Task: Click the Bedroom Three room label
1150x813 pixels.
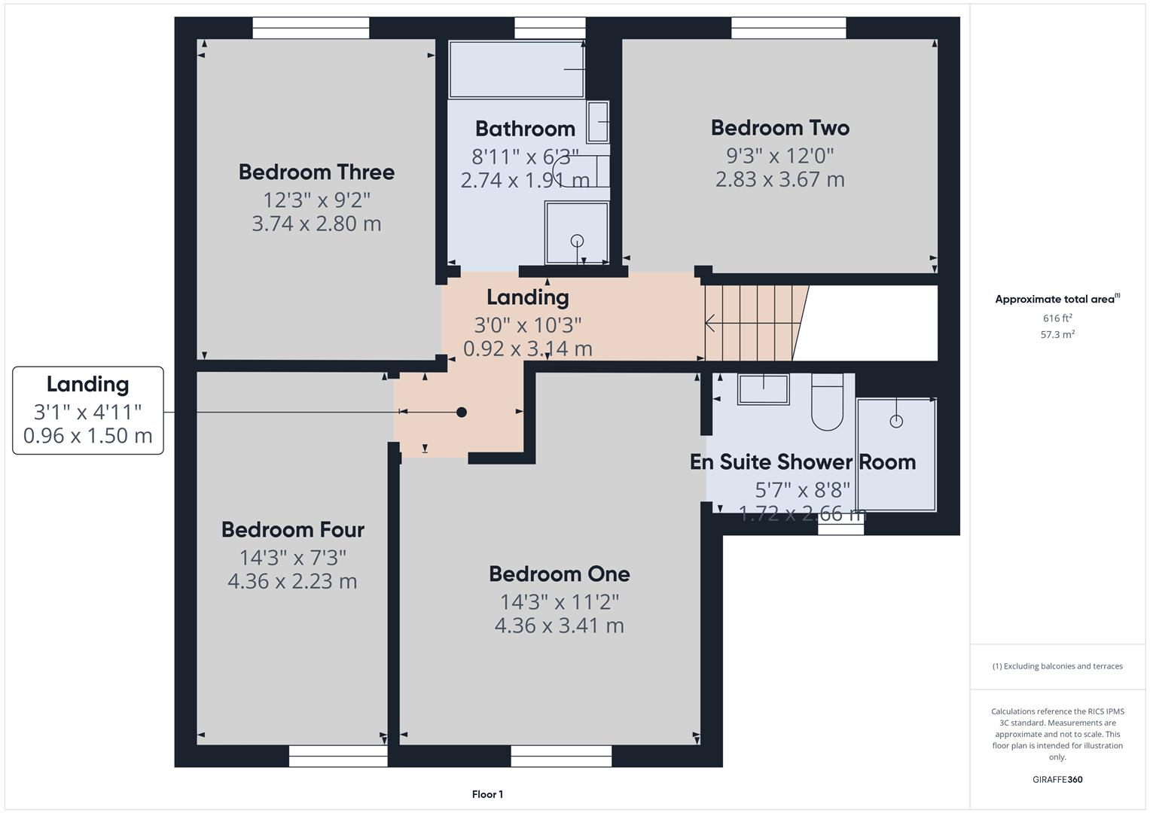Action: click(x=316, y=172)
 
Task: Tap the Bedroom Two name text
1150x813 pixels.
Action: click(x=779, y=128)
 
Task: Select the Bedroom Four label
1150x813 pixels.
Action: click(x=292, y=530)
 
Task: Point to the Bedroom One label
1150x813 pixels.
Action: click(x=559, y=574)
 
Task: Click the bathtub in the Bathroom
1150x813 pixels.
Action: click(x=517, y=69)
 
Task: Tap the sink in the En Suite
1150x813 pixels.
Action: click(x=763, y=389)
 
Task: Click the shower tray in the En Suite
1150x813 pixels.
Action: click(x=896, y=455)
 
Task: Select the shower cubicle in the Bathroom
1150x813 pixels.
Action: click(x=577, y=233)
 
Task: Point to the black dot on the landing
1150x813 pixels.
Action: click(x=462, y=412)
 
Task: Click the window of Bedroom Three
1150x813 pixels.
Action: click(x=311, y=28)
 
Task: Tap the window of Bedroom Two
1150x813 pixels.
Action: click(x=789, y=28)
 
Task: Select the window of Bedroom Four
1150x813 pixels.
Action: click(x=338, y=756)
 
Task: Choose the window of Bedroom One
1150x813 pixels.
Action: click(x=561, y=756)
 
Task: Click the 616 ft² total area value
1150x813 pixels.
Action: click(x=1057, y=318)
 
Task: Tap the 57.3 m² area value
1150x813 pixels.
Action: click(x=1057, y=335)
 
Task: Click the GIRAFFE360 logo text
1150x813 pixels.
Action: click(x=1057, y=780)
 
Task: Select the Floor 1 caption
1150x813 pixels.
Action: click(x=487, y=794)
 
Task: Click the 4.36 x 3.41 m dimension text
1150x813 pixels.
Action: click(x=559, y=626)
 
